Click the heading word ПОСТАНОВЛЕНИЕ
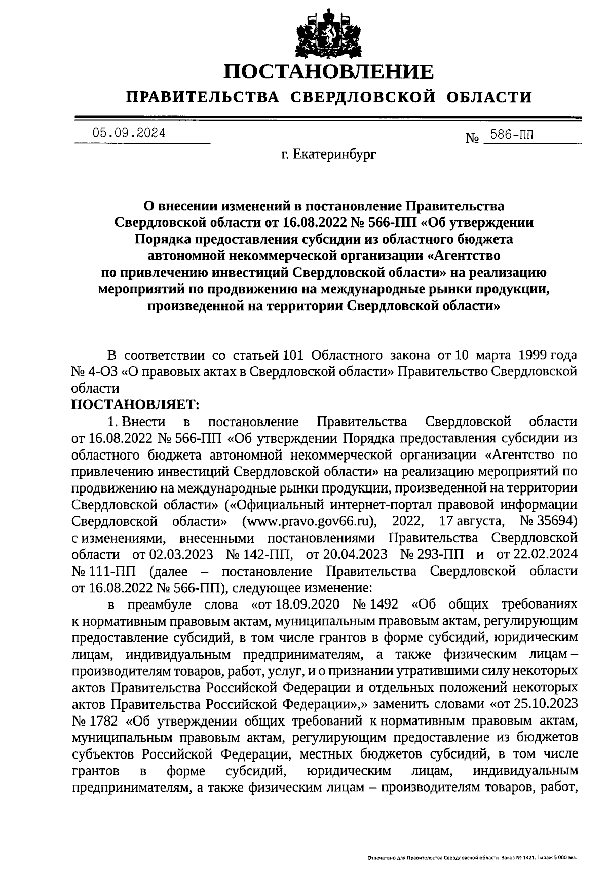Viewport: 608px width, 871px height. click(x=329, y=71)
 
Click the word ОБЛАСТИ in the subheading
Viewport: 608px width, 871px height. click(x=490, y=96)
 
